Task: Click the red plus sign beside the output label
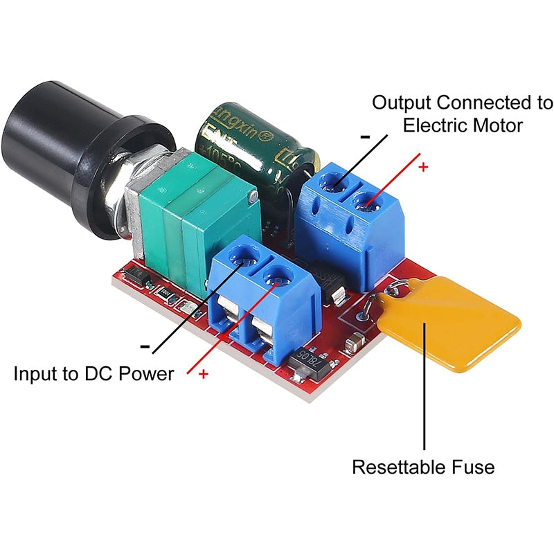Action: pos(424,167)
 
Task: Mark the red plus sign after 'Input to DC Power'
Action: pos(204,374)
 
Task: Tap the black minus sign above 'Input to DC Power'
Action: pos(145,346)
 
